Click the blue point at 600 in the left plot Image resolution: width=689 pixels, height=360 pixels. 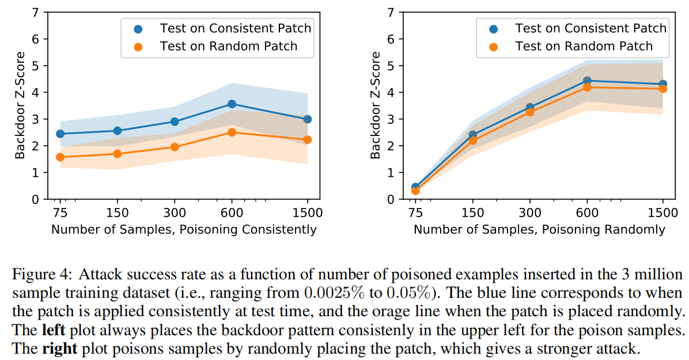tap(232, 104)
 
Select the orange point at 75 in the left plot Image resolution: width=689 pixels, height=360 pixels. tap(59, 157)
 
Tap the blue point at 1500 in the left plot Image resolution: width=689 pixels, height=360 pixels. tap(307, 119)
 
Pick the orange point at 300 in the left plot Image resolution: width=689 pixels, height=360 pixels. tap(175, 147)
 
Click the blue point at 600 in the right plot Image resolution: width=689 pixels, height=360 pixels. tap(587, 81)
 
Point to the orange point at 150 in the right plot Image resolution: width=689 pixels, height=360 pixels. tap(472, 141)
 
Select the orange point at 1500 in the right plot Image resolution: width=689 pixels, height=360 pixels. tap(662, 89)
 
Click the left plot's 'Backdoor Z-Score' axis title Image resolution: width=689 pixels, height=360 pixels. tap(20, 106)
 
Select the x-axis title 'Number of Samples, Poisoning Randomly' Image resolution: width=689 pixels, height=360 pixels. tap(539, 229)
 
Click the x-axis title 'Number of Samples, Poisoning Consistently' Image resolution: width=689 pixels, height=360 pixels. tap(184, 229)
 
